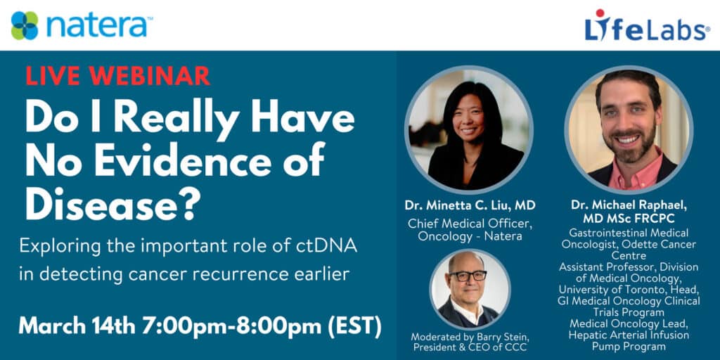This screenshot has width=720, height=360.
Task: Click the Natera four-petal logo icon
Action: [25, 26]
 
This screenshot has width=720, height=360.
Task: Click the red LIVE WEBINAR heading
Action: [117, 76]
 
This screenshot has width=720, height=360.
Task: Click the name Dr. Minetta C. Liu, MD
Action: [470, 205]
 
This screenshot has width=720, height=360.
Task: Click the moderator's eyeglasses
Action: [468, 276]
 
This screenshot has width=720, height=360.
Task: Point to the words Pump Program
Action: [629, 346]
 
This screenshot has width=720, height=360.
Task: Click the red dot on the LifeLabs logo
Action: [600, 13]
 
